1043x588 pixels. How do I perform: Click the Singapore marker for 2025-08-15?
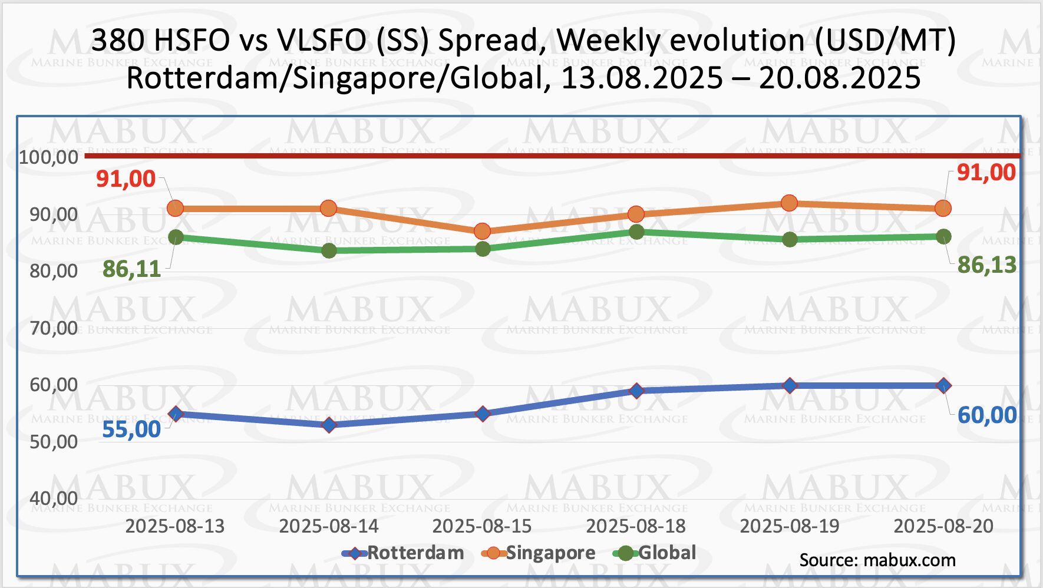click(482, 231)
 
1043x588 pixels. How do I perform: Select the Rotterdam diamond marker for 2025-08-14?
click(329, 425)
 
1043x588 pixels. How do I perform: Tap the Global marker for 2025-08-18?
click(636, 232)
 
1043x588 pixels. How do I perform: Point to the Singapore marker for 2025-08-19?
click(790, 203)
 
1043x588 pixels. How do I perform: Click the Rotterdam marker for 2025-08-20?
click(943, 386)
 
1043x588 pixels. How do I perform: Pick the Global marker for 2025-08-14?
click(329, 250)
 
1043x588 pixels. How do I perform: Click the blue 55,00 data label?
click(131, 430)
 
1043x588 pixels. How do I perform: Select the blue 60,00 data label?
click(986, 415)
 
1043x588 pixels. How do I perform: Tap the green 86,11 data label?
click(131, 269)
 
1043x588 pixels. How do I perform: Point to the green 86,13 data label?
click(986, 265)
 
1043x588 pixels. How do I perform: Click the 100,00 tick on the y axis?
click(49, 157)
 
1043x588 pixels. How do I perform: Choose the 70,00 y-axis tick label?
click(54, 328)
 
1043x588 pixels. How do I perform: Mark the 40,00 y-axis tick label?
click(54, 498)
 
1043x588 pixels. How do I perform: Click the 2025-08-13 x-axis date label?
click(175, 526)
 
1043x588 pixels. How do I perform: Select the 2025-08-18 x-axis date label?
click(636, 526)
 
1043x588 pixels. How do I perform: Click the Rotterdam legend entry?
click(403, 553)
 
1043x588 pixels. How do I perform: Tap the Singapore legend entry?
click(539, 553)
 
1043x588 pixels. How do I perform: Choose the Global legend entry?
click(655, 553)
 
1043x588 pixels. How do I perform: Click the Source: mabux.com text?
click(877, 560)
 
